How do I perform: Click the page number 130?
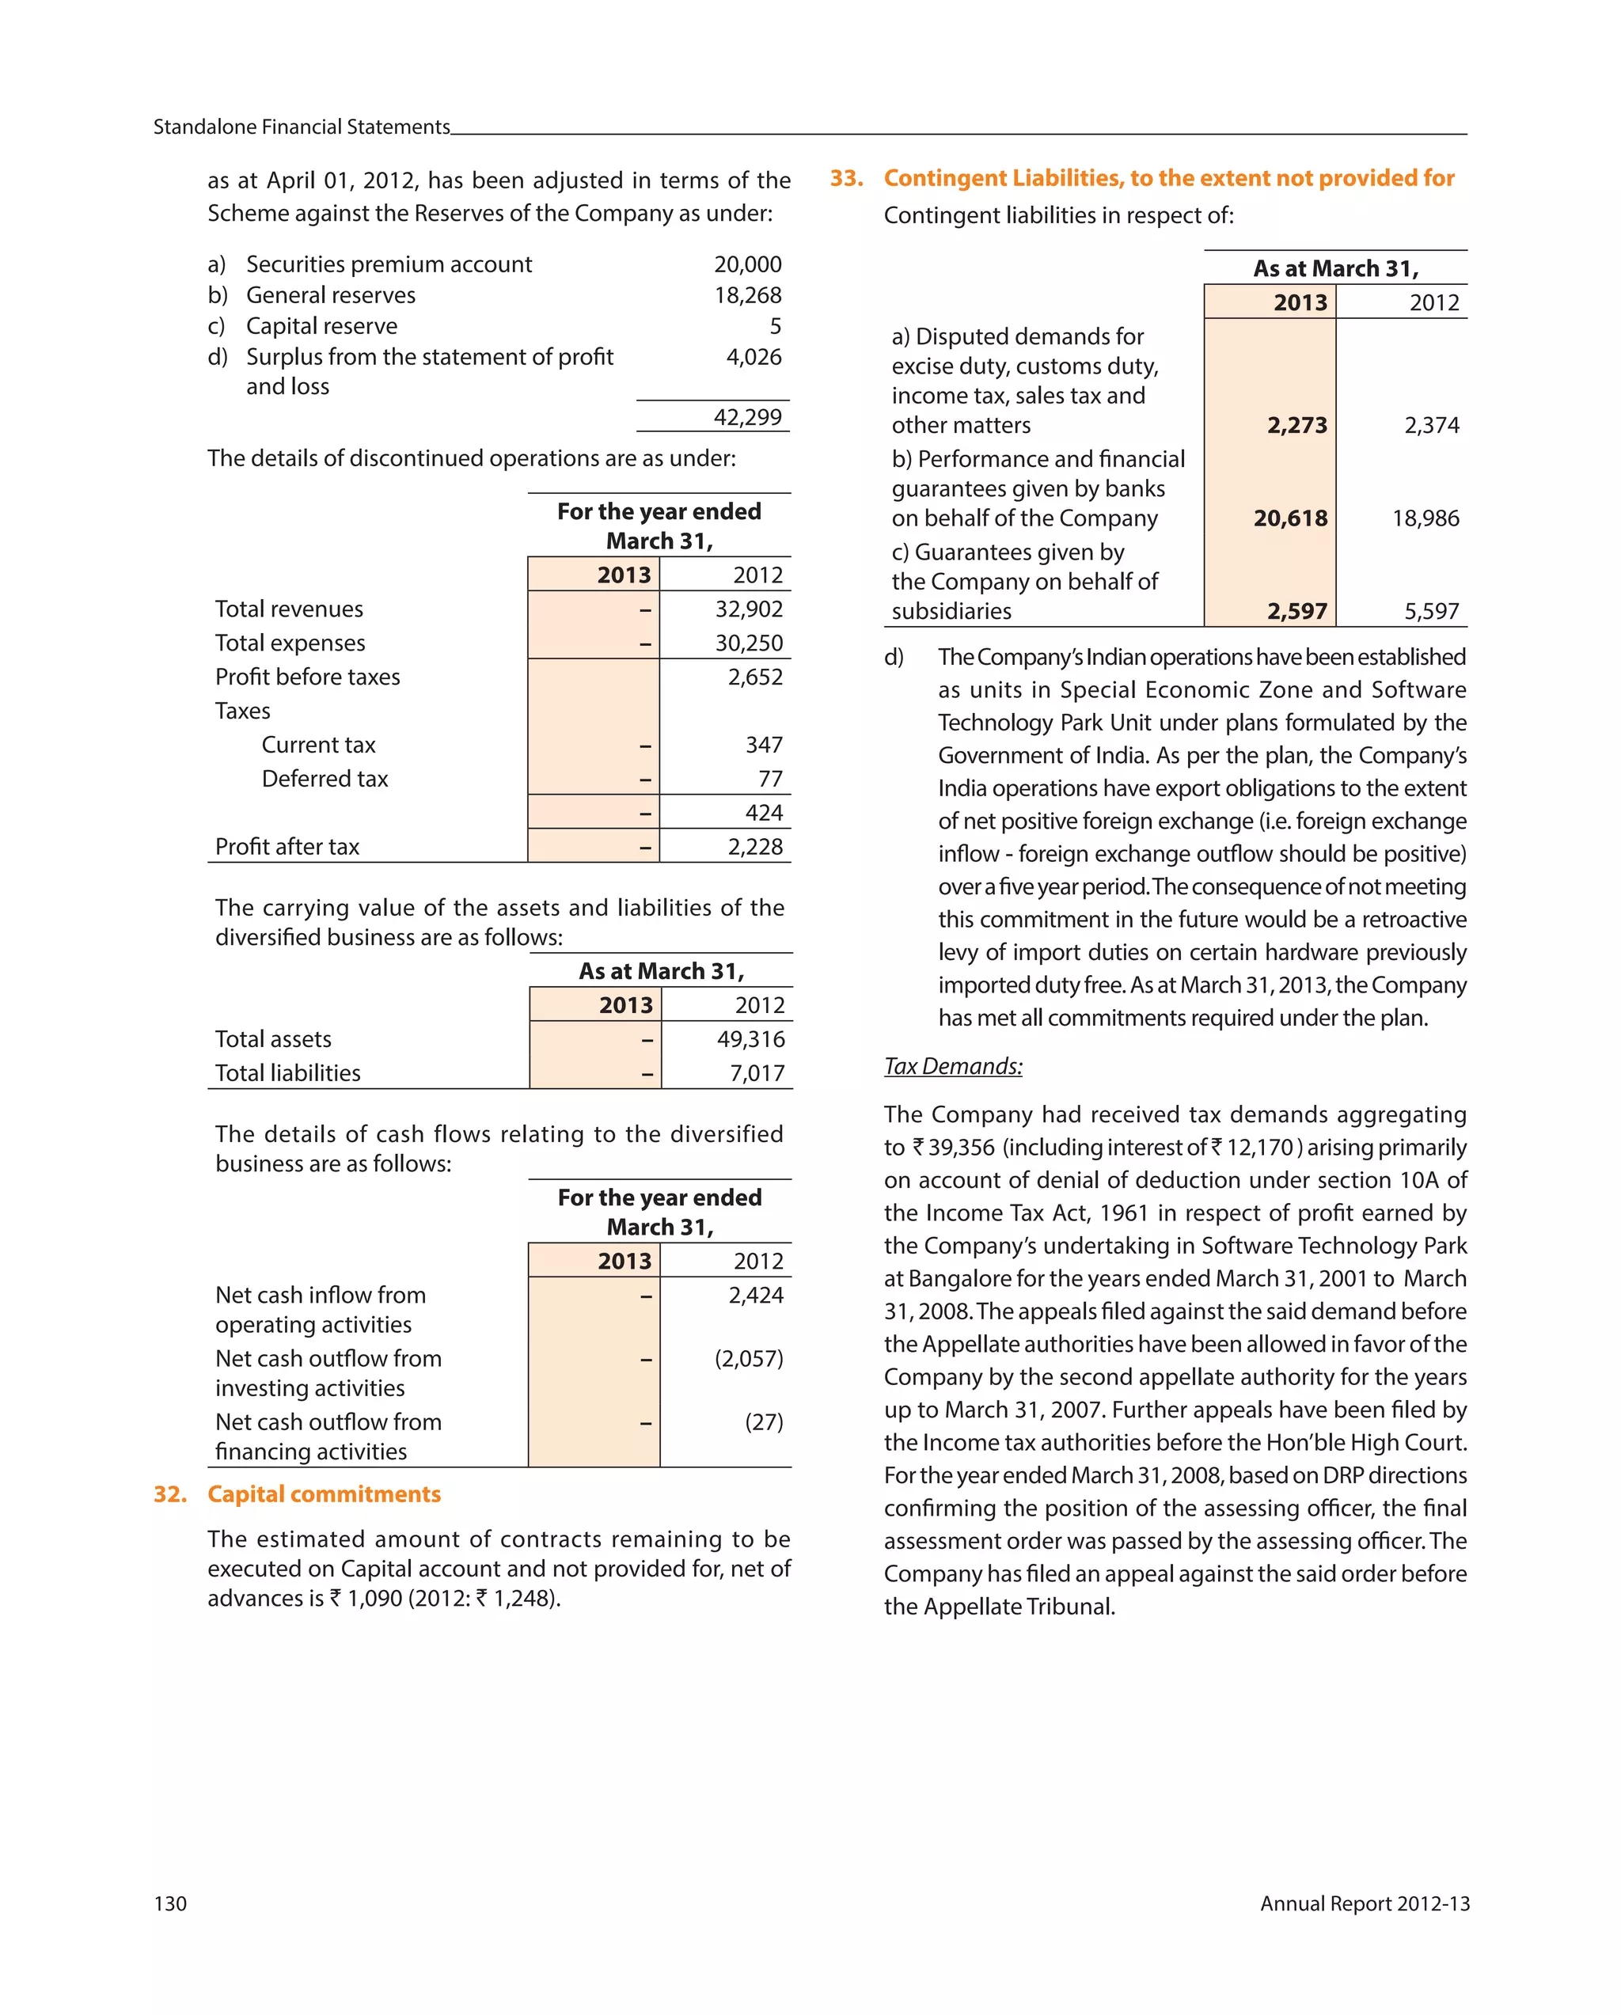pos(170,1903)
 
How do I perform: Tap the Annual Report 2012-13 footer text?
pos(1364,1903)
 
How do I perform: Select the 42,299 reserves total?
pos(747,417)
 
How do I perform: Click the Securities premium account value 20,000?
pos(747,264)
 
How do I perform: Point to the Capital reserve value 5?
pos(775,326)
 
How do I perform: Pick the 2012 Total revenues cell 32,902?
pos(748,609)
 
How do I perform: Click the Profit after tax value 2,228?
pos(754,847)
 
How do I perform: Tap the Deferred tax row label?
pos(325,779)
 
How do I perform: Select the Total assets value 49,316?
pos(750,1039)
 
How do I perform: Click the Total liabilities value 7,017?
pos(756,1073)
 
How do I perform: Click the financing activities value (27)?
pos(763,1421)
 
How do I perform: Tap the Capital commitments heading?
pos(324,1493)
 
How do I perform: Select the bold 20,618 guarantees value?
pos(1289,518)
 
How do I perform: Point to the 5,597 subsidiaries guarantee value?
pos(1430,611)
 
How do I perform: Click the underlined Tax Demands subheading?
pos(953,1066)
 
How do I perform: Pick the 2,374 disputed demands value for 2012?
pos(1430,425)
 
